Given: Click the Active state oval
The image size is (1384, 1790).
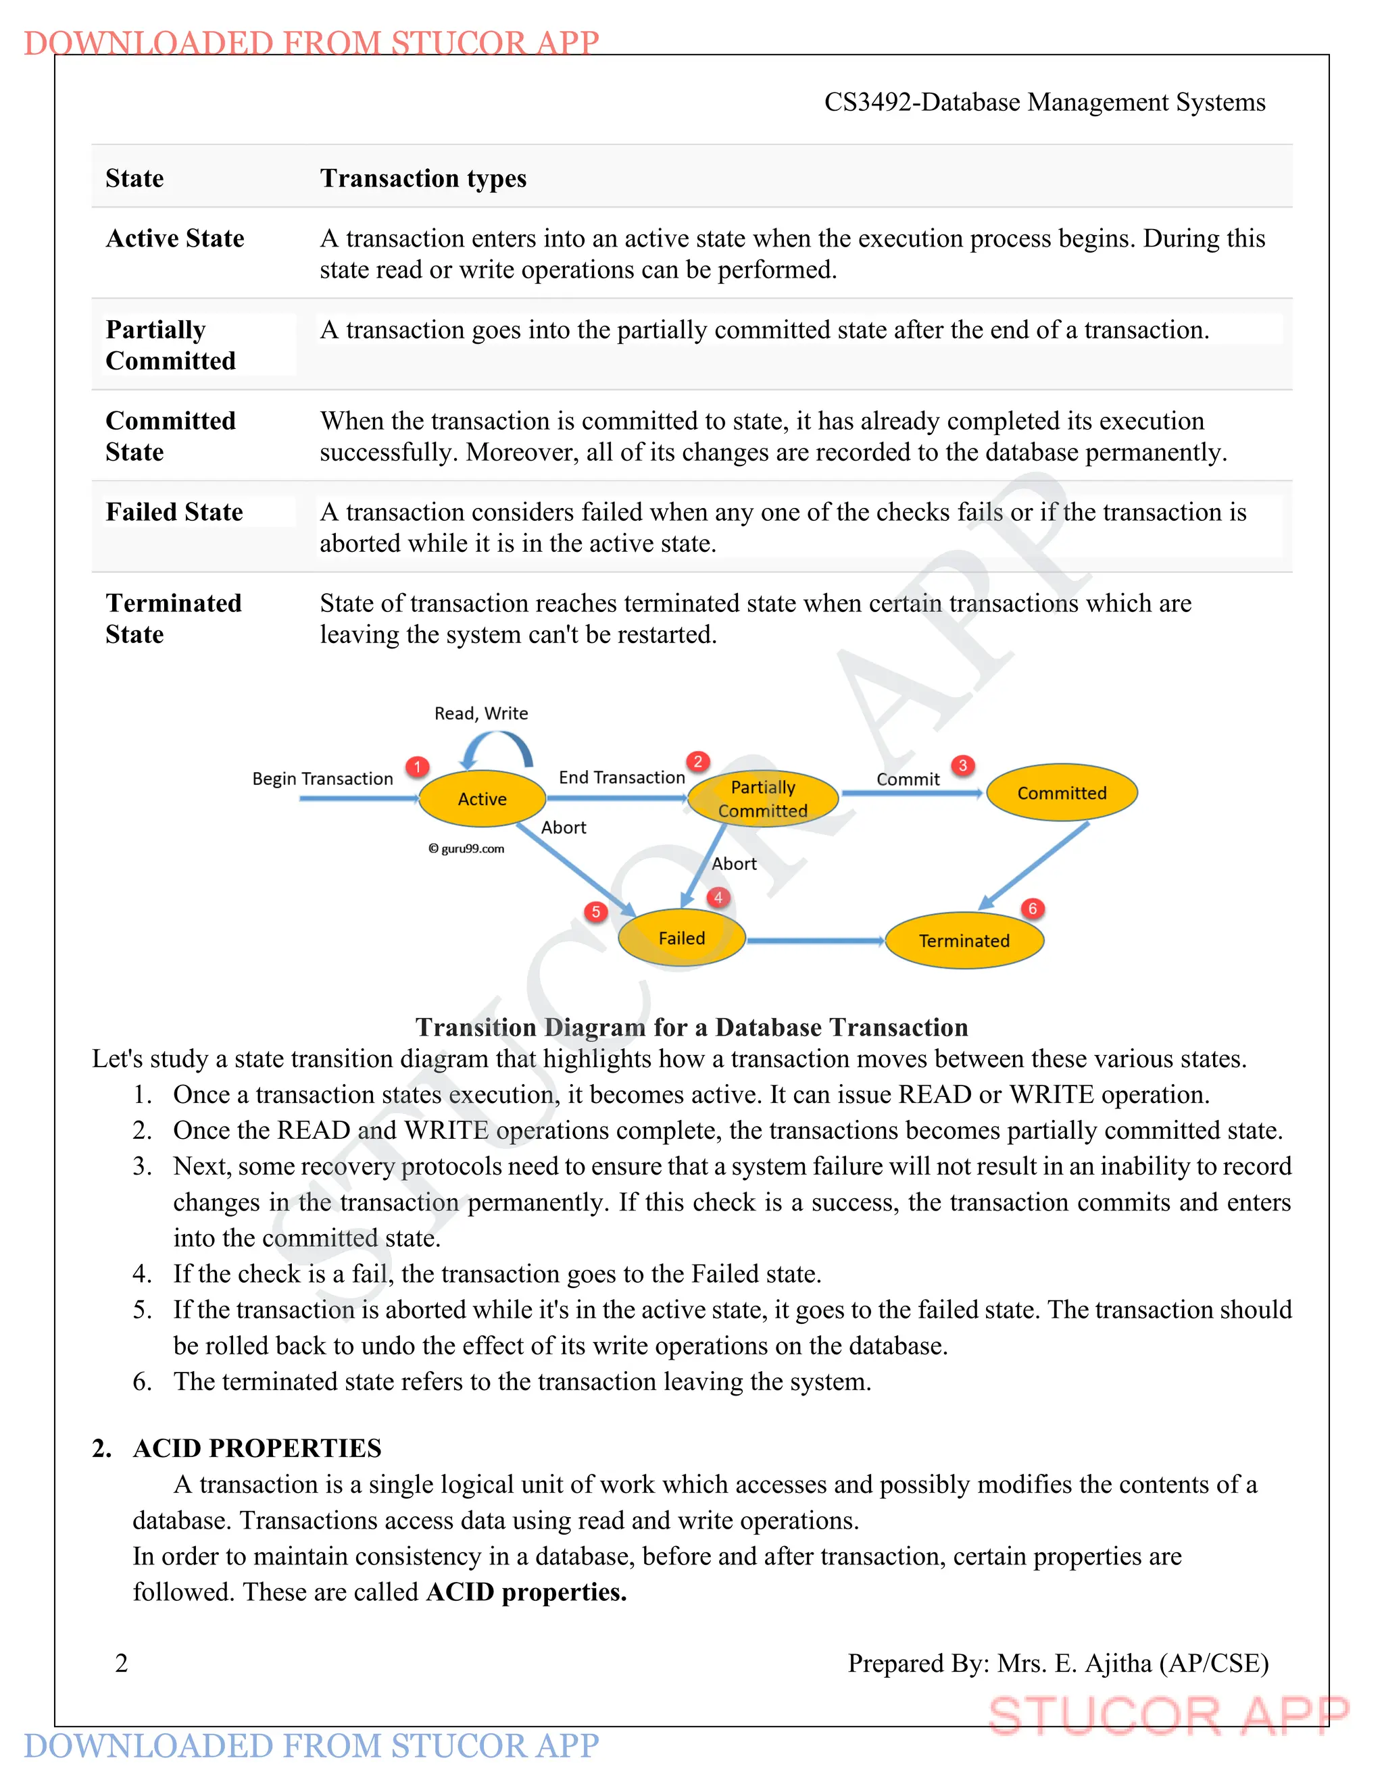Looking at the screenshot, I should (482, 798).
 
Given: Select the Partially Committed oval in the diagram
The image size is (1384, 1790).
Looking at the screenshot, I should (762, 799).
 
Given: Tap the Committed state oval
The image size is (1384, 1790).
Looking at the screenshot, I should (1062, 792).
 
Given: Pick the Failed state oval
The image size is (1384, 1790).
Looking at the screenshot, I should (681, 938).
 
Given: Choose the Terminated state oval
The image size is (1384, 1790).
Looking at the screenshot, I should (964, 940).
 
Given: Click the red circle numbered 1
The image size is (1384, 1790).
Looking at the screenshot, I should (418, 767).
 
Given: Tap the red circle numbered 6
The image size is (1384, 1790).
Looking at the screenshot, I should (1033, 908).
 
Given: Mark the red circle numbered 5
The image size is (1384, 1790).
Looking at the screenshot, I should (596, 912).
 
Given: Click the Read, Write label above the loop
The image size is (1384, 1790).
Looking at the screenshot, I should (481, 713).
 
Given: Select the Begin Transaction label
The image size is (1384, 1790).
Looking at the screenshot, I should (322, 779).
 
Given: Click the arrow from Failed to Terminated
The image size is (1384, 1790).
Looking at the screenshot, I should (815, 941).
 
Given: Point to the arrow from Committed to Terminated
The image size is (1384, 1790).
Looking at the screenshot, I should (1035, 865).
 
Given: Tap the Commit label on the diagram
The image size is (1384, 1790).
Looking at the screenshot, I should (908, 779).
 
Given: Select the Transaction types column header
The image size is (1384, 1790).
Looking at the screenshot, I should (423, 179).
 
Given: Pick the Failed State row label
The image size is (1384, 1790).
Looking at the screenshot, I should (174, 512).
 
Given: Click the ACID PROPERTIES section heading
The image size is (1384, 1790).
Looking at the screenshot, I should (257, 1448).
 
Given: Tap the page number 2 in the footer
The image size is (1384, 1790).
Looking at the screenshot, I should (122, 1663).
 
